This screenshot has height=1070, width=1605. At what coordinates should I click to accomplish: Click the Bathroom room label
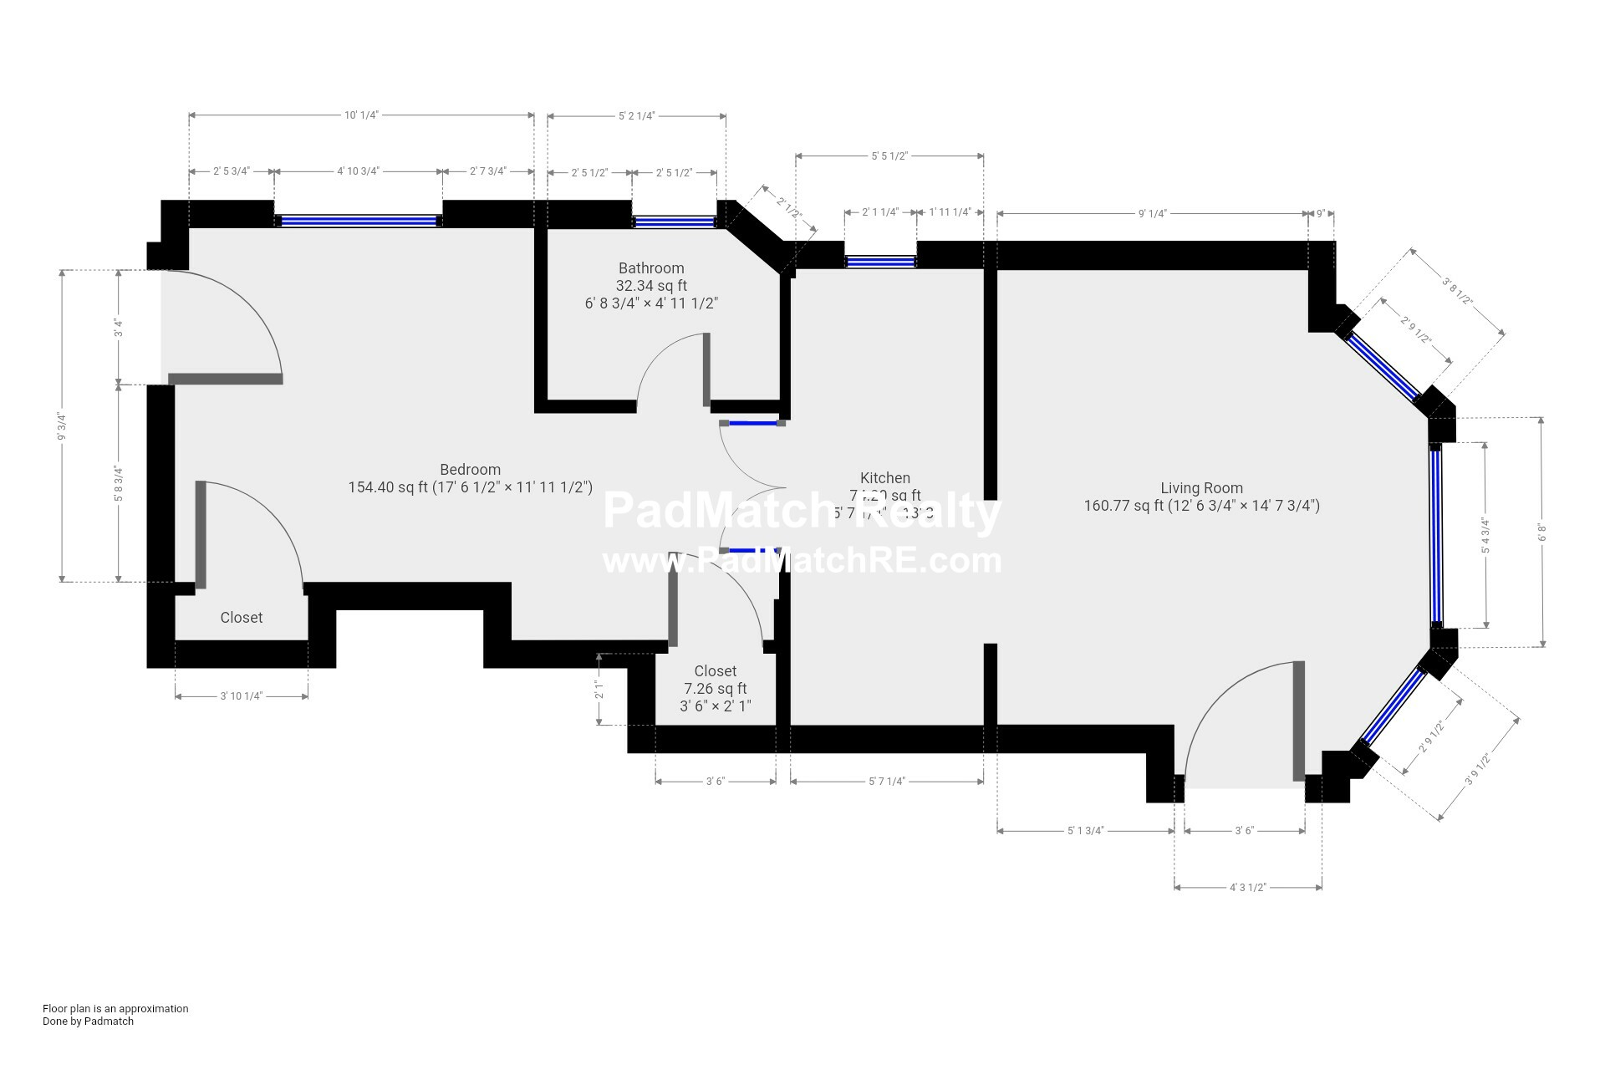651,268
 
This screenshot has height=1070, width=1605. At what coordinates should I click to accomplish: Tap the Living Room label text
1201,488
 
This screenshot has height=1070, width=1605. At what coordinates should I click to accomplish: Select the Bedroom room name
470,470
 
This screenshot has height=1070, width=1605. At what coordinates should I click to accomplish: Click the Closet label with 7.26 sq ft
716,671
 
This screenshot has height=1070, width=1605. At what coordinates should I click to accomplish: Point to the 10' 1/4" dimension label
362,115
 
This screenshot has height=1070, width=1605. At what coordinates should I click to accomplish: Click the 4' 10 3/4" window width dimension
358,171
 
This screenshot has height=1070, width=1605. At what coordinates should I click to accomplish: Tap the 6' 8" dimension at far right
1542,532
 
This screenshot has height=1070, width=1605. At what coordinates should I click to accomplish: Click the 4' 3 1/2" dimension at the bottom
1248,888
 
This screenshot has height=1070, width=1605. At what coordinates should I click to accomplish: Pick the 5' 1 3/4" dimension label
1086,831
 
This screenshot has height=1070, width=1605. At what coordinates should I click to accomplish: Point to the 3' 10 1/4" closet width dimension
242,696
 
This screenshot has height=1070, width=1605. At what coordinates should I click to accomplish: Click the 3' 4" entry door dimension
119,328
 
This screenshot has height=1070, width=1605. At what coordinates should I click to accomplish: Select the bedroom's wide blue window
358,222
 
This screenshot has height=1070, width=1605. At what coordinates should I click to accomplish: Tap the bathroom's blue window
674,222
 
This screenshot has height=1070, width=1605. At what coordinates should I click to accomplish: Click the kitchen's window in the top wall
880,262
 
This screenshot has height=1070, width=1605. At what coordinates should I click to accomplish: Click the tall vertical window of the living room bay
1436,536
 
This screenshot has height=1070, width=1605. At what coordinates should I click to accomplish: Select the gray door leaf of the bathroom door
706,369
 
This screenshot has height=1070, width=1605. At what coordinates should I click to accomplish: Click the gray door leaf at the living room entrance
1298,721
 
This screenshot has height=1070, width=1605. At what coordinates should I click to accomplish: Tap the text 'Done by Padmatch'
88,1021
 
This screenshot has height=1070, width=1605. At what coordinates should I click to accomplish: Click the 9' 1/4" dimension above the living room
1152,214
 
